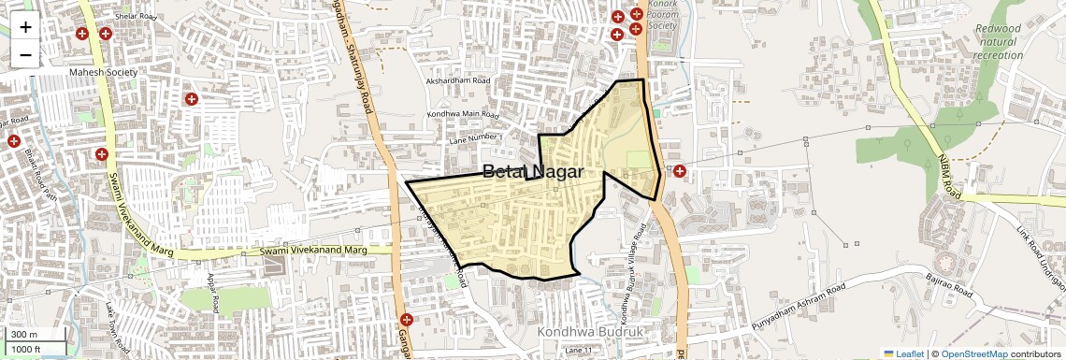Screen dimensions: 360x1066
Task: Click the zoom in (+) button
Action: coord(25,26)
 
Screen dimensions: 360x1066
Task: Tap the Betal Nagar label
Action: coord(532,172)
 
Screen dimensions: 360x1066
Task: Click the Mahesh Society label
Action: coord(103,73)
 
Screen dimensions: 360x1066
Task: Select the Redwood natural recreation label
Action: coord(998,42)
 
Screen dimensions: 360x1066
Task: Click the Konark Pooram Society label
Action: coord(662,14)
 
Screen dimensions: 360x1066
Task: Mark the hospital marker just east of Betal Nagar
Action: coord(680,172)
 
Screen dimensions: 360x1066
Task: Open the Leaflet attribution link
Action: coord(903,353)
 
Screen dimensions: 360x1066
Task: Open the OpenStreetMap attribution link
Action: coord(973,353)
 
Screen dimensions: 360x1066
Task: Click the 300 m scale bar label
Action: coord(24,335)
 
